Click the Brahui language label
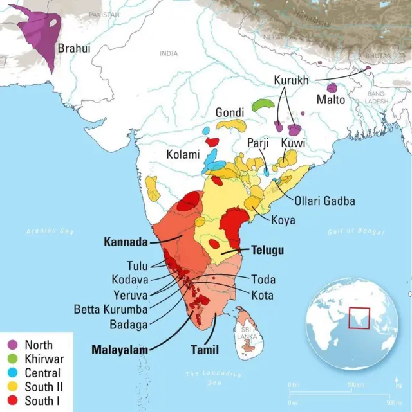coord(75,48)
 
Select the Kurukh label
coord(291,80)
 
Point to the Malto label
coord(330,100)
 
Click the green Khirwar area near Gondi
coord(263,103)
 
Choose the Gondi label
coord(230,112)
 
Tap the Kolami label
coord(183,155)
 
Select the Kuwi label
coord(293,143)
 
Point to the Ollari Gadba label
coord(324,201)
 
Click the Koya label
coord(283,220)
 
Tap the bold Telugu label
coord(267,251)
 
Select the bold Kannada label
coord(126,242)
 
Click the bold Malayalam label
coord(119,350)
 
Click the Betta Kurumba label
coord(111,309)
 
